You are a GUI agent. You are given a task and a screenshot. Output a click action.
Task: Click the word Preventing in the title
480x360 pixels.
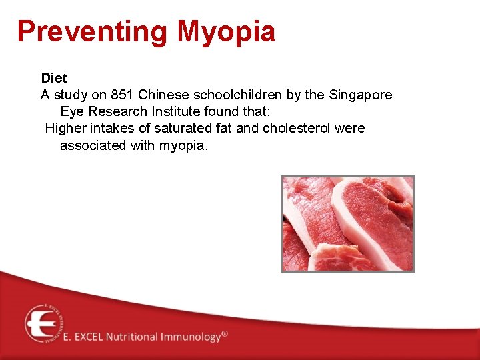pyautogui.click(x=93, y=31)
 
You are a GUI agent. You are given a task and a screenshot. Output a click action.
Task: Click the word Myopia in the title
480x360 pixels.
pyautogui.click(x=226, y=31)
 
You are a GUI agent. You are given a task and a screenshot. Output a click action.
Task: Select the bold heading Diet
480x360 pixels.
pyautogui.click(x=54, y=78)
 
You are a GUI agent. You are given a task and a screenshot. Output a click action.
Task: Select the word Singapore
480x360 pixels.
pyautogui.click(x=360, y=95)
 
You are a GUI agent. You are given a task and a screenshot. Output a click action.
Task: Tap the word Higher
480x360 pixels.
pyautogui.click(x=65, y=128)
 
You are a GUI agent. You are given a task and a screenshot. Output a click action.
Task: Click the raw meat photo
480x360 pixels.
pyautogui.click(x=347, y=223)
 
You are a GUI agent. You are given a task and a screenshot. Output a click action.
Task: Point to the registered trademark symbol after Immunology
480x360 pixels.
pyautogui.click(x=225, y=333)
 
